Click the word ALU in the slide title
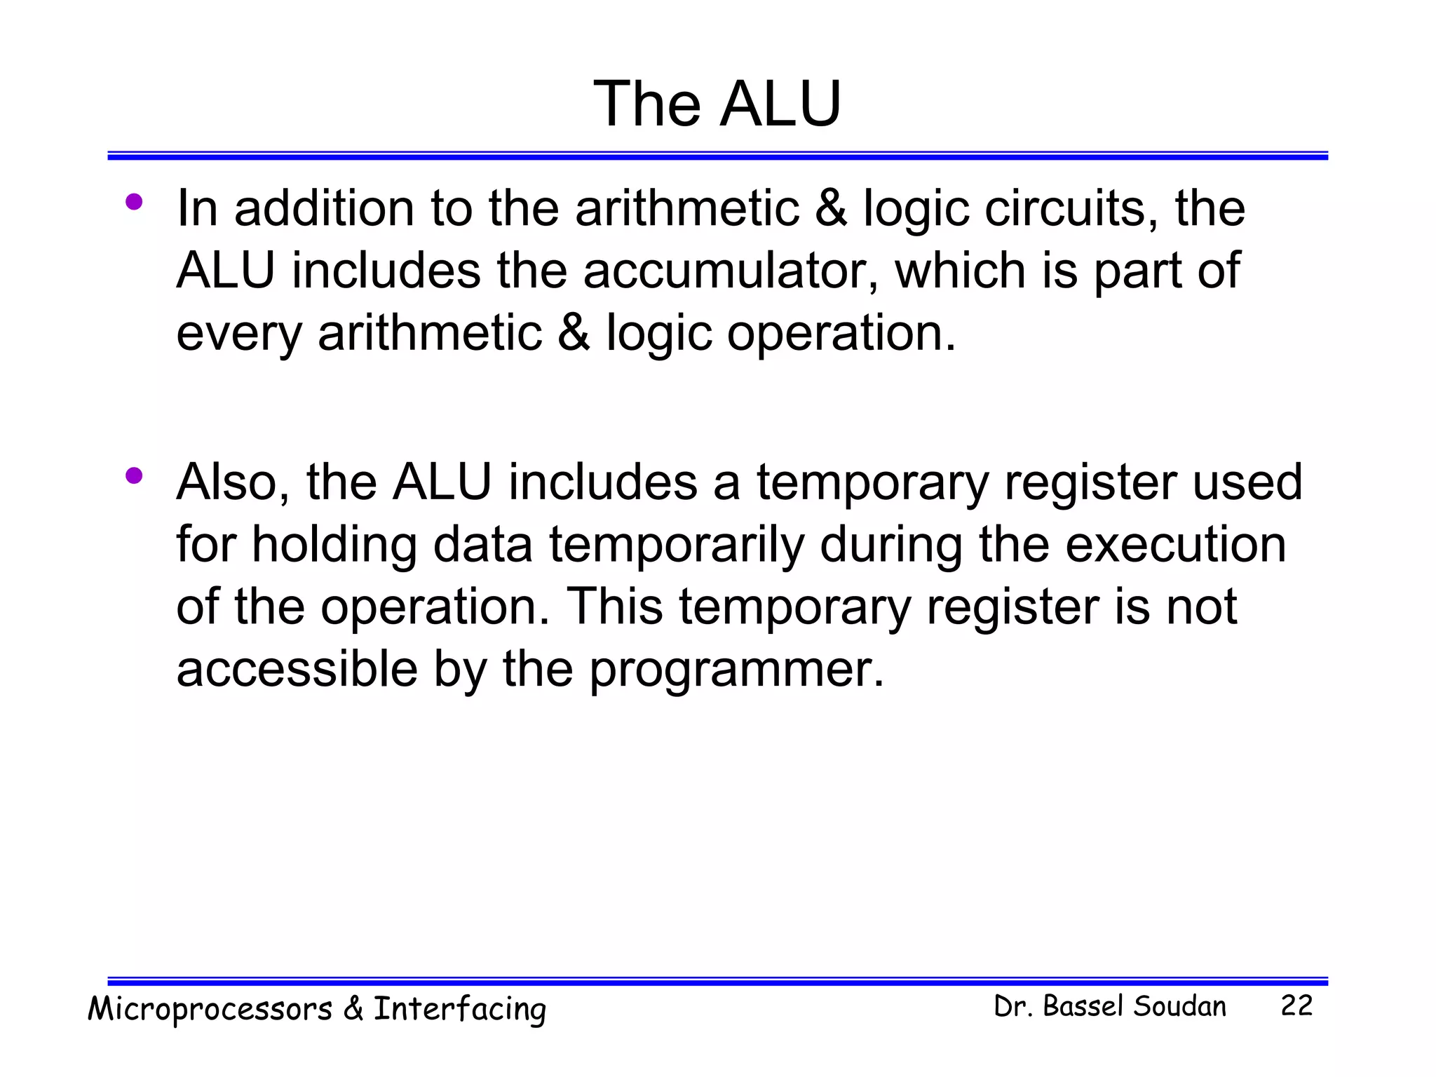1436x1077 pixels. (x=780, y=104)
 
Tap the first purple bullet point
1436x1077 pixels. (x=134, y=203)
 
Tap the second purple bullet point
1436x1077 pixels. (x=134, y=477)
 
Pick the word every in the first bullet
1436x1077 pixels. (x=238, y=333)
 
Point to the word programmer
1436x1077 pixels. (x=736, y=670)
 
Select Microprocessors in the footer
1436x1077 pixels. (x=210, y=1010)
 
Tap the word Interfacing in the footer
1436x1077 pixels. (x=459, y=1010)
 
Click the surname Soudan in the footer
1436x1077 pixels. (x=1179, y=1007)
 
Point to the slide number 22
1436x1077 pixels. (x=1296, y=1006)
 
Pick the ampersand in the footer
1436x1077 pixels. (x=353, y=1008)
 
